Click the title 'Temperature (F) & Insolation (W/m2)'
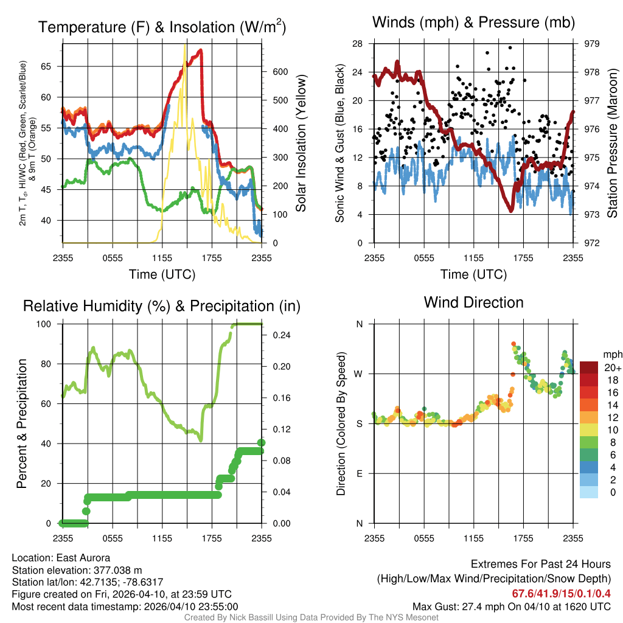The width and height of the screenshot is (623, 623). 162,27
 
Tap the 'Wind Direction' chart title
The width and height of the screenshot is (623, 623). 473,302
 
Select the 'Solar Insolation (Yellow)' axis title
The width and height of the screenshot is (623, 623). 301,144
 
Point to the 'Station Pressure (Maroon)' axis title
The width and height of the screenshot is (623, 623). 613,144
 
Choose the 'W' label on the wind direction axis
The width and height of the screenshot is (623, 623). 359,374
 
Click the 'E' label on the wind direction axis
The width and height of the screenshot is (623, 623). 360,473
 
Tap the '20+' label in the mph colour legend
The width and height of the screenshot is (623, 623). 613,367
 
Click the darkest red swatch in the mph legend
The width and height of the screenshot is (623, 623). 590,367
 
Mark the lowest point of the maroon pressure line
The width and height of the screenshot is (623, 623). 511,211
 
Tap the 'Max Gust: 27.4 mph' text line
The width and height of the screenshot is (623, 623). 511,606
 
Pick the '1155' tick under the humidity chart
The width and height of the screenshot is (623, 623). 162,538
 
